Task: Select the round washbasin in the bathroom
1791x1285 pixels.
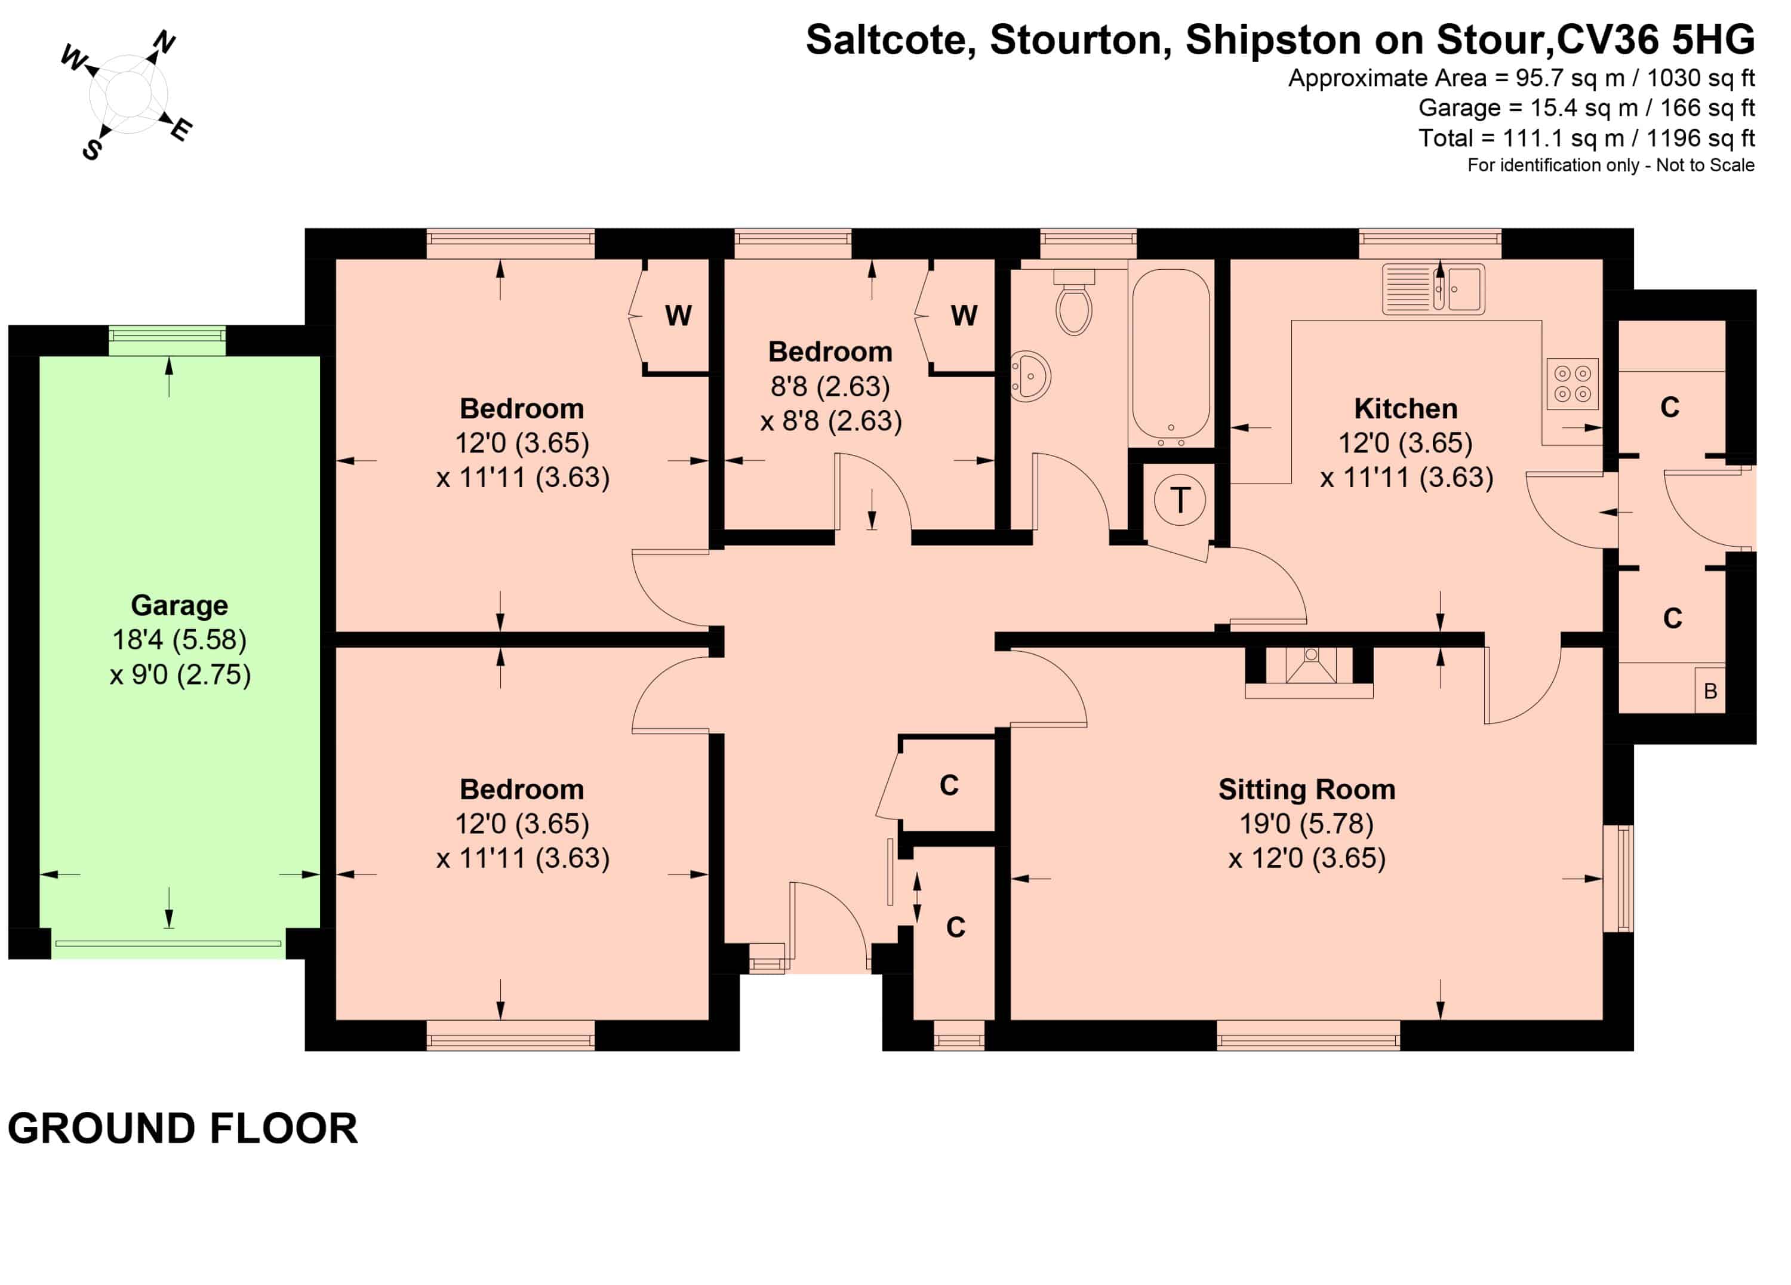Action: [x=1032, y=374]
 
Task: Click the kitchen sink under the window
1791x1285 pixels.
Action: [x=1433, y=289]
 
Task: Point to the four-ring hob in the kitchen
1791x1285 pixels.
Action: [x=1572, y=384]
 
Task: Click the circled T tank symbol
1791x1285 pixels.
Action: [x=1180, y=500]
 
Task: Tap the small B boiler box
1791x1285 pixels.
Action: [x=1710, y=691]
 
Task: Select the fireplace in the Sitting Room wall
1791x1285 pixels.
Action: [x=1309, y=673]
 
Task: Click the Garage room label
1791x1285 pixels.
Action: [x=179, y=605]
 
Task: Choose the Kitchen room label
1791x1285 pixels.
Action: [x=1405, y=409]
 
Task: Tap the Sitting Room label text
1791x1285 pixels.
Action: [x=1307, y=789]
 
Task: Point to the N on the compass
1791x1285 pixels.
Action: [x=164, y=41]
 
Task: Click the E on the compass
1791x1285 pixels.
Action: [x=181, y=129]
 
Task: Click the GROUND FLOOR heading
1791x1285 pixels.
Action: [x=183, y=1128]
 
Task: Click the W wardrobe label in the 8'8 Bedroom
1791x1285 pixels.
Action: [x=964, y=316]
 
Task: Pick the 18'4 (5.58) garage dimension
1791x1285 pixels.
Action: [x=179, y=639]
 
